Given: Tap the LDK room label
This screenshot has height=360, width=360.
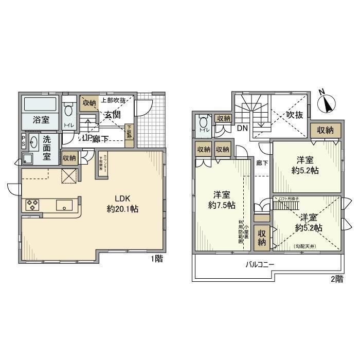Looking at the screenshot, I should pos(122,199).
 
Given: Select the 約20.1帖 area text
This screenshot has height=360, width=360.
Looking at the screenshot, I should pos(122,209).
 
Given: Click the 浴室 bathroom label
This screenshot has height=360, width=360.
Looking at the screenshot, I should pos(41,120).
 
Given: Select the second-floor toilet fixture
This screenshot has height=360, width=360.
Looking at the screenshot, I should pos(203,123).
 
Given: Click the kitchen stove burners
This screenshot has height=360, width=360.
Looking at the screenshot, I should pos(32,205).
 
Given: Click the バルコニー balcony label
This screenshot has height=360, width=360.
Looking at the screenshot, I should pos(259,265).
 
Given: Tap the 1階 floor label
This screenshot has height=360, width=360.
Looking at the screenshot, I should pos(156,259).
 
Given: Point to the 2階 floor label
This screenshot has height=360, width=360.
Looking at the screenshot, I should pos(336,279).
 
